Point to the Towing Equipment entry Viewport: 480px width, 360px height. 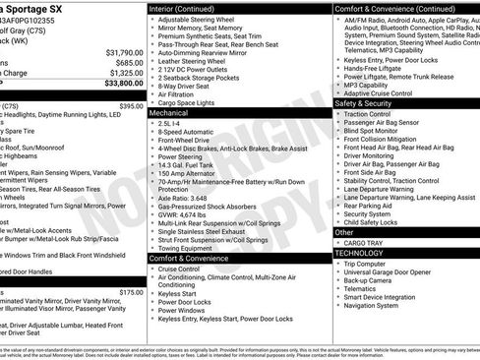click(x=192, y=249)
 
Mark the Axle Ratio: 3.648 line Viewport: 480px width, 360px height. click(x=190, y=197)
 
